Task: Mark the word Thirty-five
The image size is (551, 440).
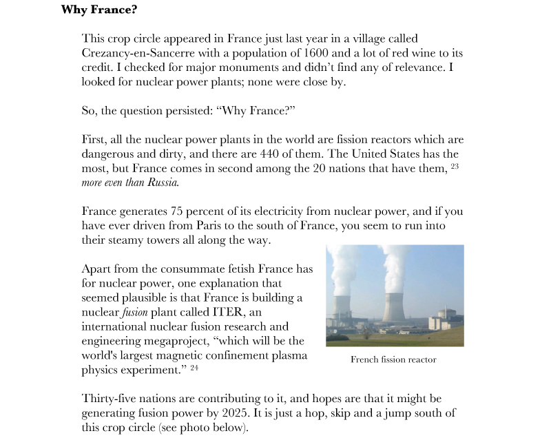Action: pyautogui.click(x=110, y=399)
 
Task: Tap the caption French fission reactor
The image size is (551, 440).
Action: pyautogui.click(x=393, y=359)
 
